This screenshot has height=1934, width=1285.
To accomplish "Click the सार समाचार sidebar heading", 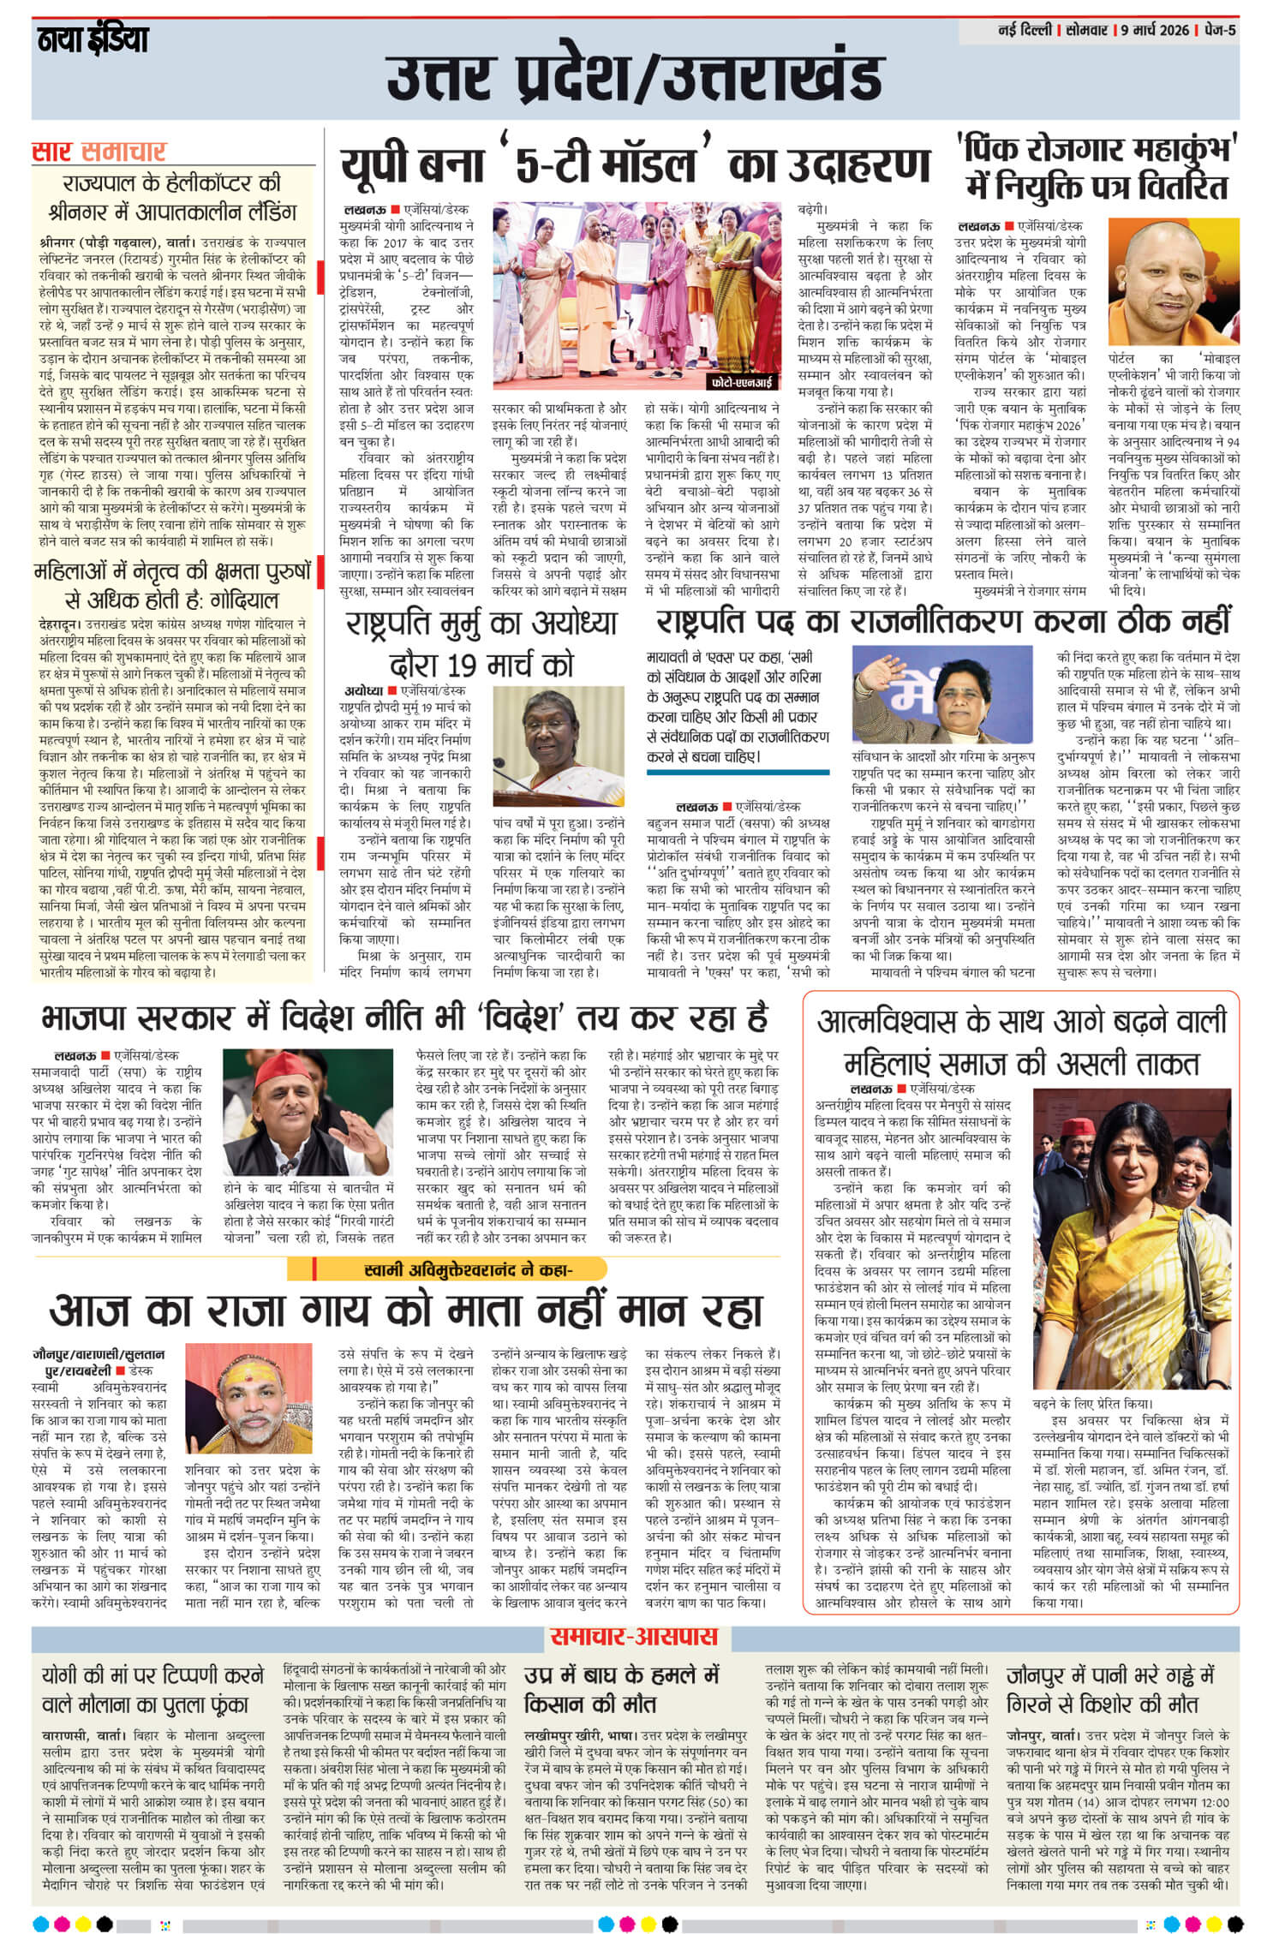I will (99, 152).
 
